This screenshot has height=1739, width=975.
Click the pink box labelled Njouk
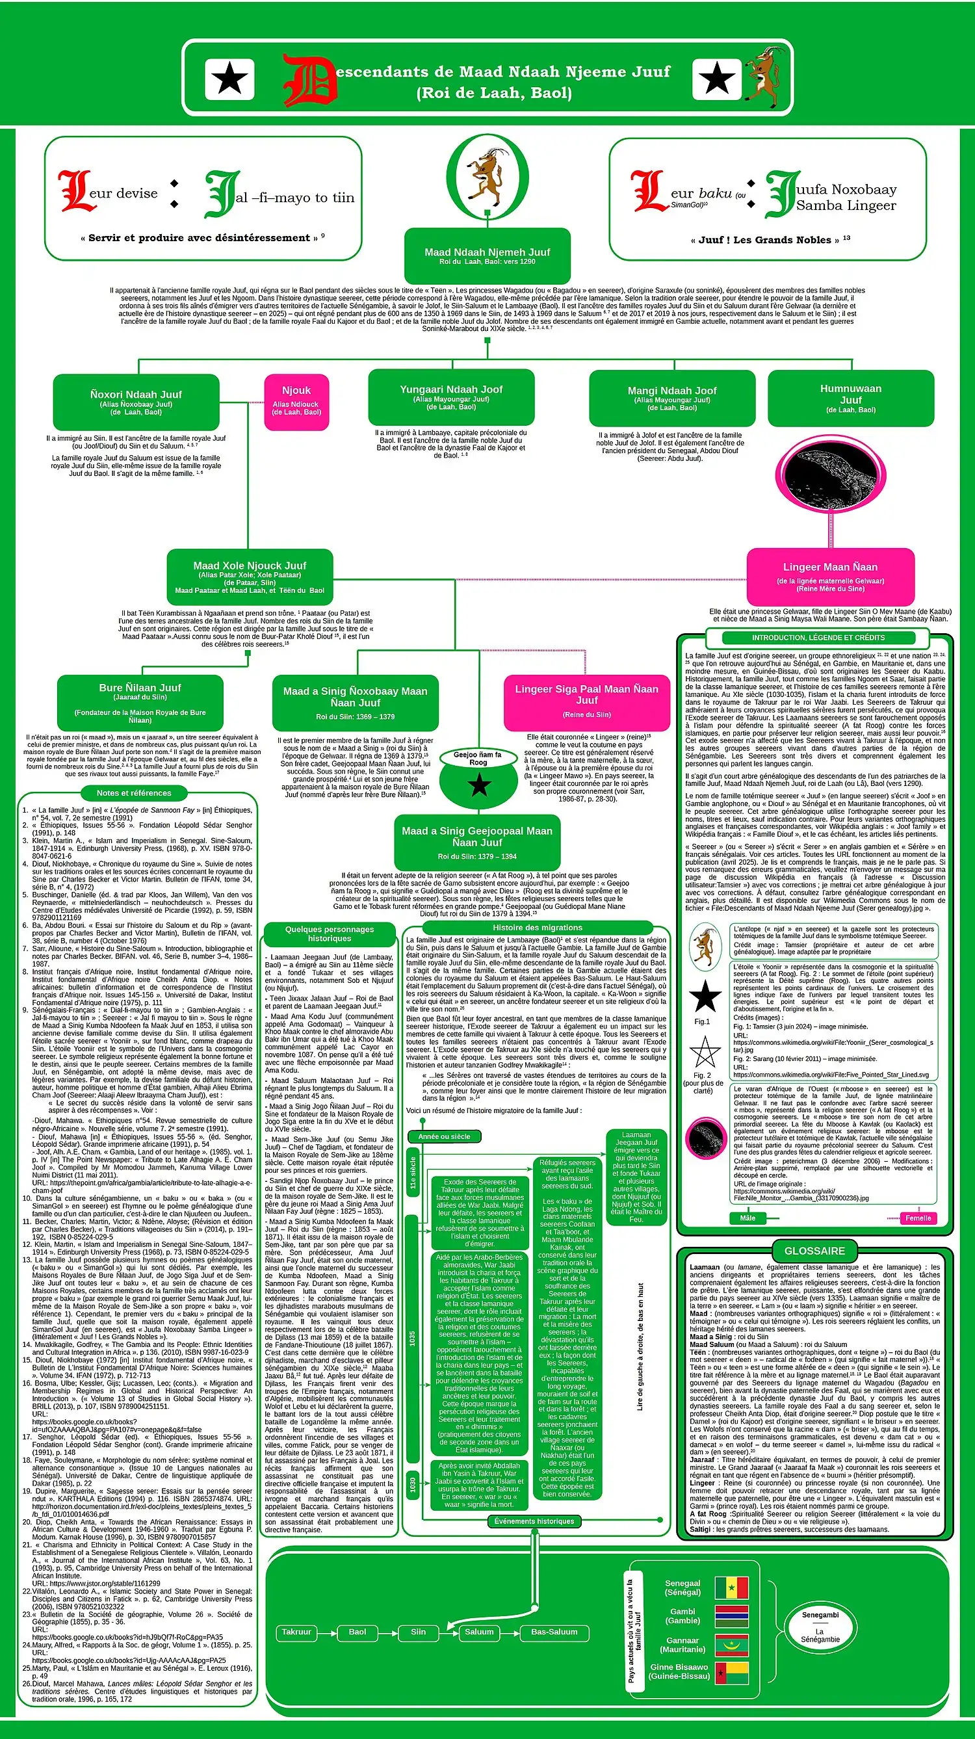pyautogui.click(x=296, y=402)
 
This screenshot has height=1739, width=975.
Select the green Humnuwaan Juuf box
pyautogui.click(x=851, y=399)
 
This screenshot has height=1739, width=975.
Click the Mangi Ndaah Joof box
pyautogui.click(x=672, y=399)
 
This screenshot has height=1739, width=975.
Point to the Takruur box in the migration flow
pyautogui.click(x=296, y=1632)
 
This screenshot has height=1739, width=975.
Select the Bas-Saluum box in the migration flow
pyautogui.click(x=554, y=1632)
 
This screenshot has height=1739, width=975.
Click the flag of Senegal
pyautogui.click(x=731, y=1588)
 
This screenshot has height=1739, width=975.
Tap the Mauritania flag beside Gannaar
pyautogui.click(x=731, y=1645)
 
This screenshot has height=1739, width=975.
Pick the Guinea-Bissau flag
pyautogui.click(x=731, y=1673)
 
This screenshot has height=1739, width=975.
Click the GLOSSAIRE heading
pyautogui.click(x=814, y=1251)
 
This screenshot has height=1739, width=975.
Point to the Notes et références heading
pyautogui.click(x=134, y=793)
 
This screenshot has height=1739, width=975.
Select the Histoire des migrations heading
pyautogui.click(x=537, y=928)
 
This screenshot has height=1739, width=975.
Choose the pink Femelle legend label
pyautogui.click(x=918, y=1218)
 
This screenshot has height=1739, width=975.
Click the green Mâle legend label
pyautogui.click(x=747, y=1218)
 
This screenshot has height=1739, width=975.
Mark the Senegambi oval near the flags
pyautogui.click(x=820, y=1627)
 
